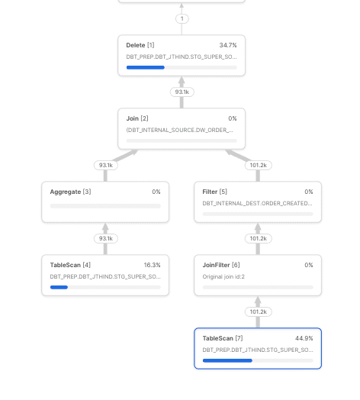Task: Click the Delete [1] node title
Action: click(x=140, y=46)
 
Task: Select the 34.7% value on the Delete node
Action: click(x=228, y=46)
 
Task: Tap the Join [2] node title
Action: click(x=137, y=119)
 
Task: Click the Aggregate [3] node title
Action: click(x=70, y=192)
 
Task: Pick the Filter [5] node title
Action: click(x=214, y=192)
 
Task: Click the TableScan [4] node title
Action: click(x=70, y=266)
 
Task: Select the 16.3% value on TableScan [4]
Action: click(x=152, y=266)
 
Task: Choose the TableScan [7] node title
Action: click(x=223, y=338)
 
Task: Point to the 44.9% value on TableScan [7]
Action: click(x=304, y=338)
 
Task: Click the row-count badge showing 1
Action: click(x=182, y=18)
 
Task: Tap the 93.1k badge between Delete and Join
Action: click(x=182, y=92)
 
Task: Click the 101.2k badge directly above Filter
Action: click(x=258, y=165)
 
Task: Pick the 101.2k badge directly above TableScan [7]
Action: click(x=258, y=311)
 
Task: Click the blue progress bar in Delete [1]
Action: click(x=145, y=67)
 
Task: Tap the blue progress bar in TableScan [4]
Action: click(x=59, y=287)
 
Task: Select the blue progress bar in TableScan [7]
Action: click(x=227, y=360)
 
